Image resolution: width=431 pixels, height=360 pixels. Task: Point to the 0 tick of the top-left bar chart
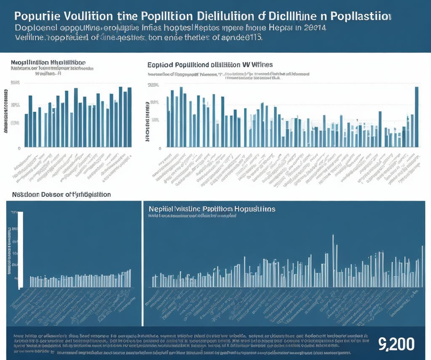(x=19, y=148)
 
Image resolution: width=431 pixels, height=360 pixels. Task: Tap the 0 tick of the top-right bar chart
(x=160, y=148)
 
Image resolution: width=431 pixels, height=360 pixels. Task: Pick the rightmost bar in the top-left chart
(x=130, y=117)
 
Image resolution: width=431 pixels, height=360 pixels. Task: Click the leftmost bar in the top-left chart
(x=26, y=130)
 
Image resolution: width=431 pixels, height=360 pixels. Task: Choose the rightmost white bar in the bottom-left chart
(x=130, y=278)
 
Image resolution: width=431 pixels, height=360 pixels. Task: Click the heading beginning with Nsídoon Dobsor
(x=61, y=195)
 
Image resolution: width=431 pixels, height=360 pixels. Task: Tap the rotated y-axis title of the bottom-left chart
(x=9, y=251)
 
